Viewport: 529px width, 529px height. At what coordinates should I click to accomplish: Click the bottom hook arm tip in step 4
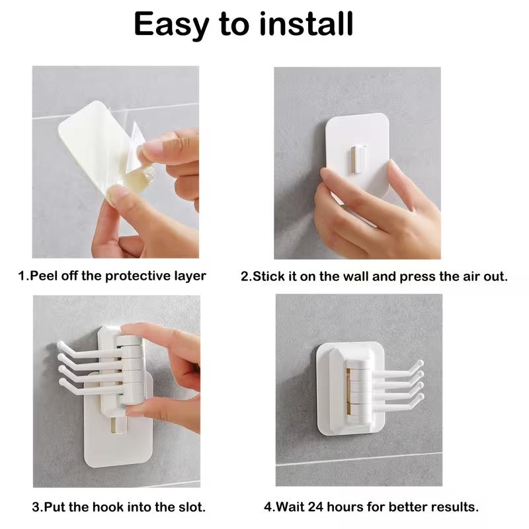pyautogui.click(x=420, y=399)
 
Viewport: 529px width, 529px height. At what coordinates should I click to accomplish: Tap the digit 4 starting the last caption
pyautogui.click(x=268, y=508)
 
